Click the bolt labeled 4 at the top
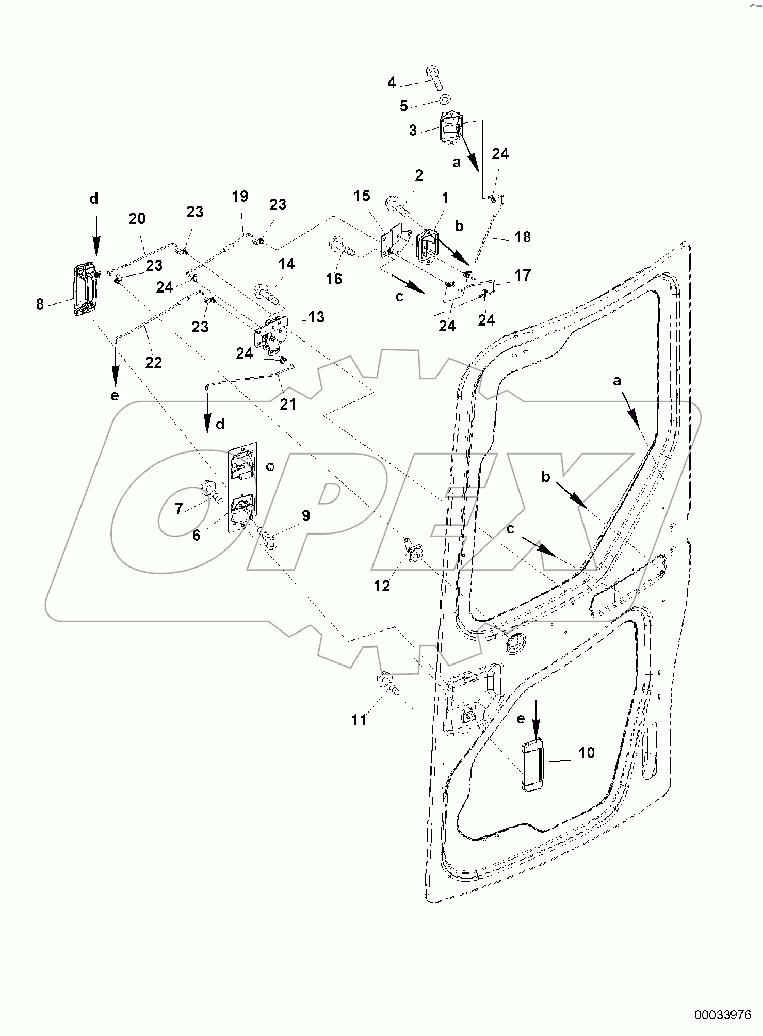point(434,77)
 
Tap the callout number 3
point(413,130)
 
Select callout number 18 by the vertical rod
point(522,237)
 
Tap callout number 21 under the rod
point(288,404)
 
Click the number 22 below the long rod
point(153,362)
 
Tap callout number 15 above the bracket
point(362,196)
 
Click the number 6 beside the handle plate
point(196,535)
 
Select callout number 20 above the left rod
point(137,219)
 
